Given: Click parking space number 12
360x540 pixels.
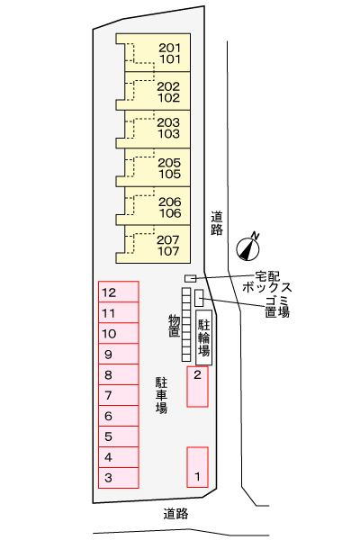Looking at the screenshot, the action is coord(119,292).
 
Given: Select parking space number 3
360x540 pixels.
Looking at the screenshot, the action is coord(119,478).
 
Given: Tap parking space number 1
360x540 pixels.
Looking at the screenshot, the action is coord(197,467).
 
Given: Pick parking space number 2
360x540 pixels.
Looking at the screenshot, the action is coord(197,386).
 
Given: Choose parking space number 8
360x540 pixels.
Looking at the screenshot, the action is coord(119,374).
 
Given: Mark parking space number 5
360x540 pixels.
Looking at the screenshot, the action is coord(119,436).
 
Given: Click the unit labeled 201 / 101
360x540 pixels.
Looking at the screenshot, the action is coord(153,52).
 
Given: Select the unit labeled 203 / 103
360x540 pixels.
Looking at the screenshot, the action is coord(153,129).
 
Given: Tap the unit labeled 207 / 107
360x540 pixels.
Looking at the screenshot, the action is coord(153,244).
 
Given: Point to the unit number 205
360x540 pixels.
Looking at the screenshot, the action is coord(169,162).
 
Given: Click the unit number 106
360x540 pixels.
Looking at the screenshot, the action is coord(170,213).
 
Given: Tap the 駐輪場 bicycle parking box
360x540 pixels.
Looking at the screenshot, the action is coord(203,337).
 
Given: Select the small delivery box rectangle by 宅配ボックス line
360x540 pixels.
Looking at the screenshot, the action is coord(191,278).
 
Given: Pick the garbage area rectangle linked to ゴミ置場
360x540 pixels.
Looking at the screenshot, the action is coord(199,298).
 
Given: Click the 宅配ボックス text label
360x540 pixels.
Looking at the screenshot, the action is coord(266,282).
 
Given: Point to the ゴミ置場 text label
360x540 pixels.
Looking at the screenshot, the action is coord(277,307).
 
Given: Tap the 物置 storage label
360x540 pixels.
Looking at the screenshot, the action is coord(174,325).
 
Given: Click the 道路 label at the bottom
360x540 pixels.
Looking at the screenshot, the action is coord(175,514).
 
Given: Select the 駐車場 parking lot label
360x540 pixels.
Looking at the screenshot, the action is coord(161,395).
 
